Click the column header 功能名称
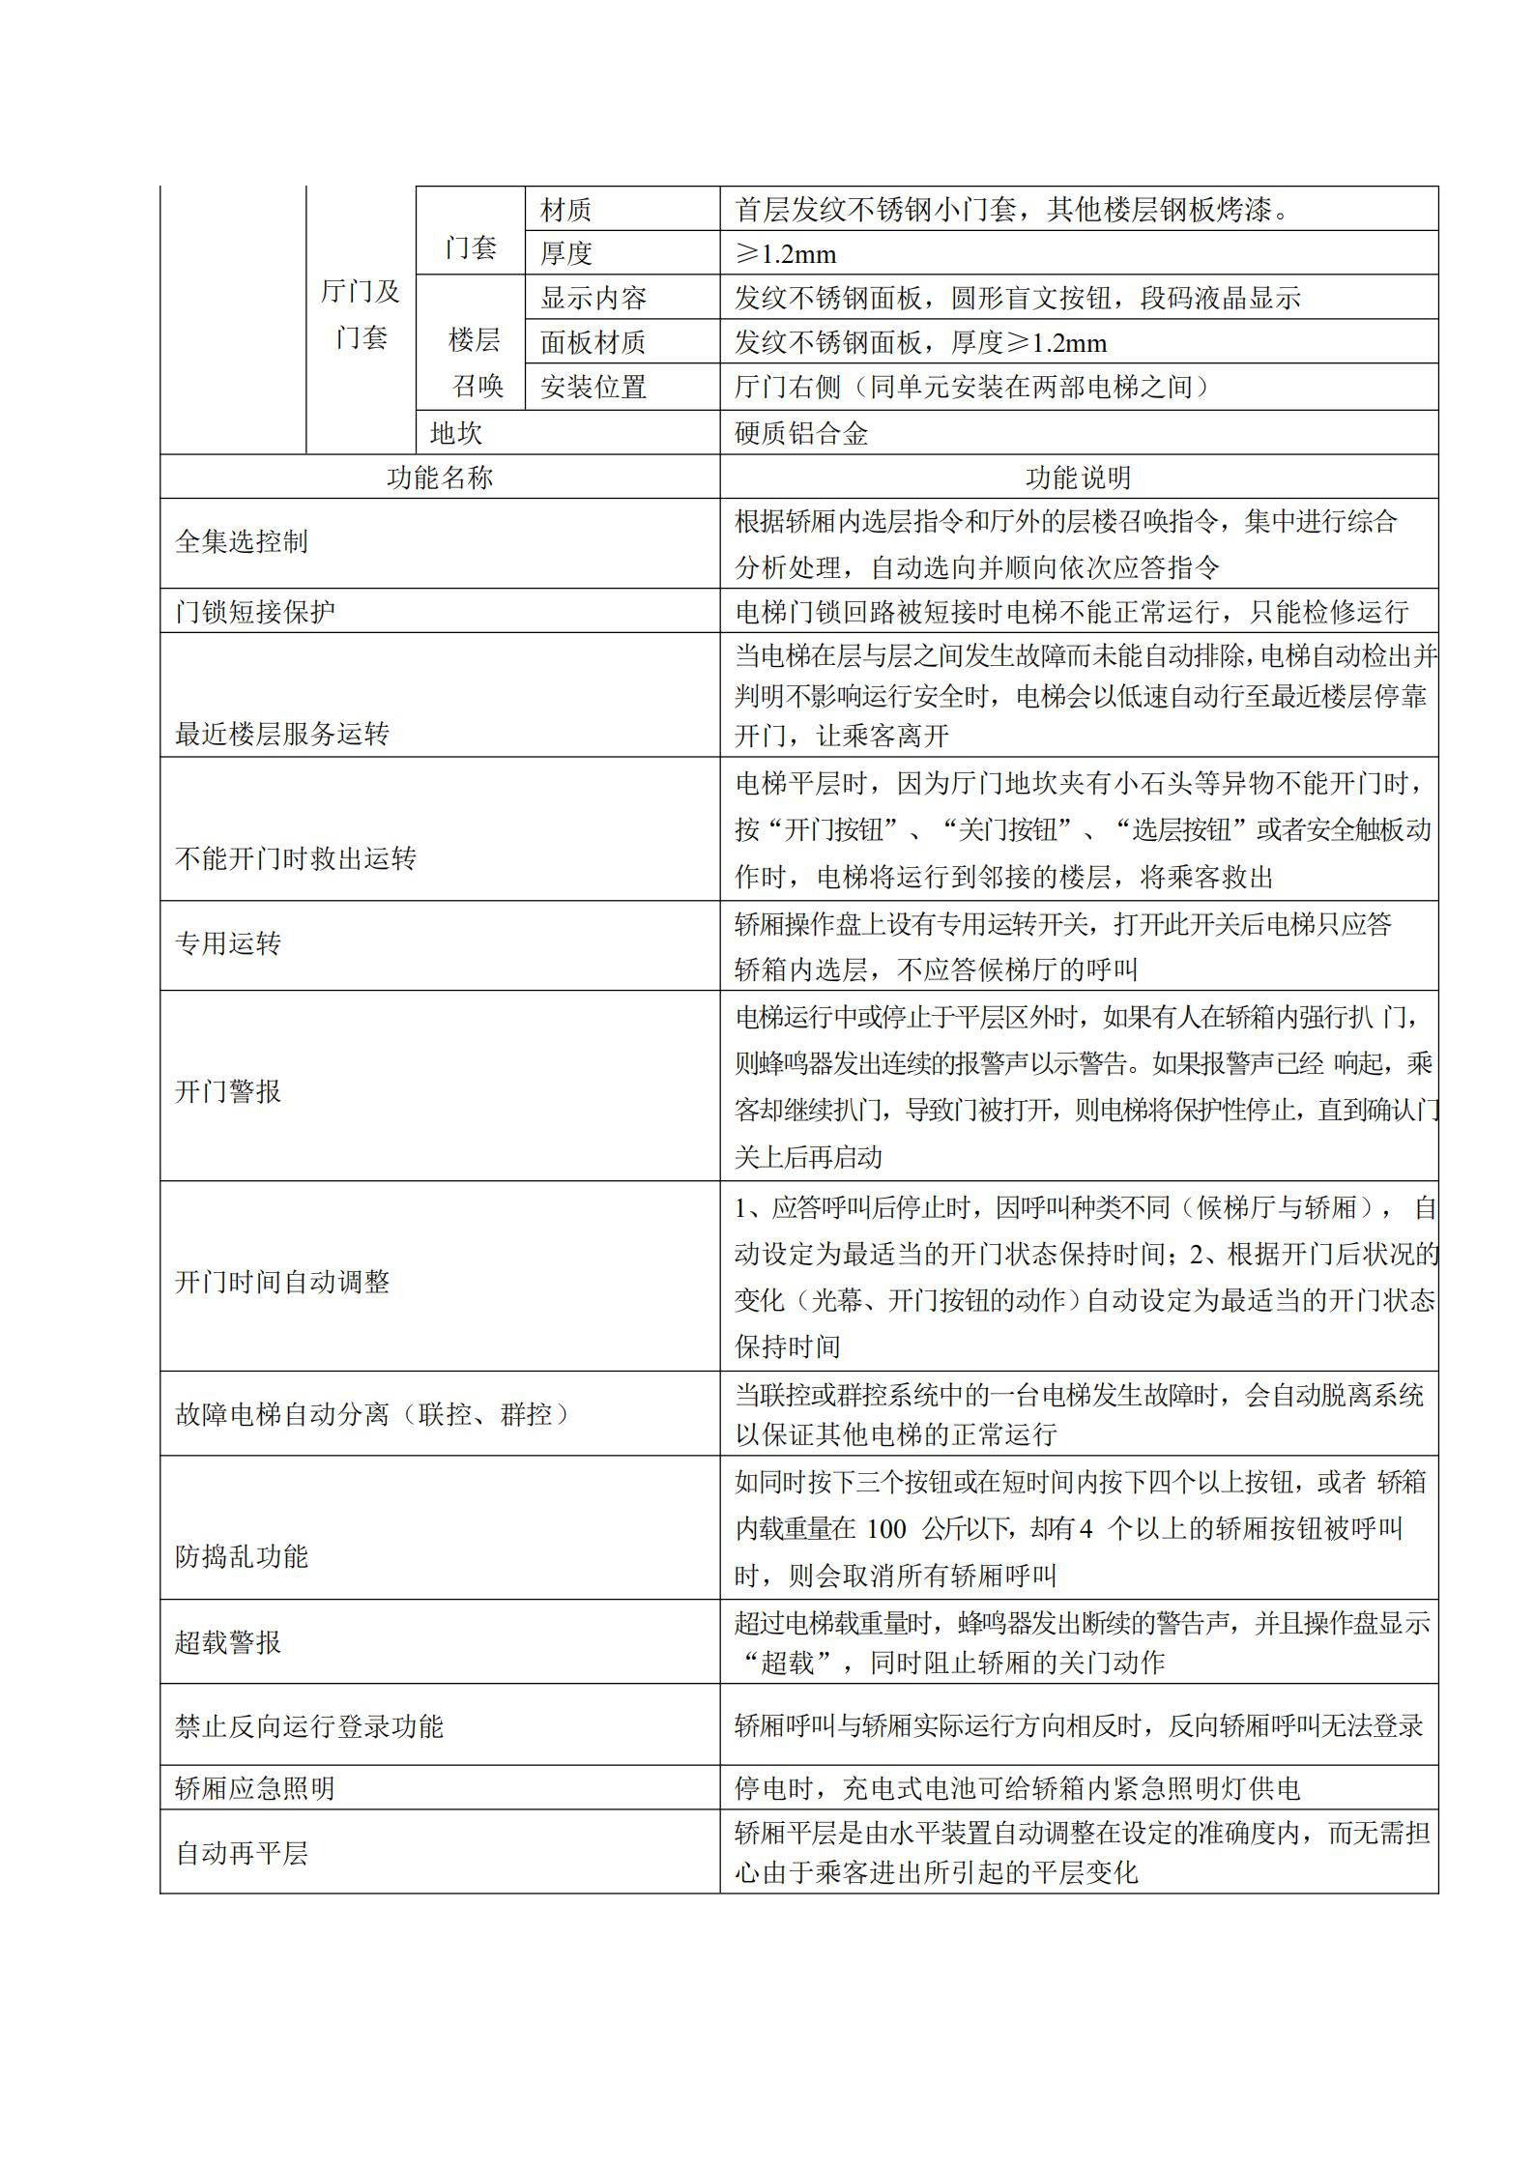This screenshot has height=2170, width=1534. pos(440,477)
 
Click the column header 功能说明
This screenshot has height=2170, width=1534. pos(1078,477)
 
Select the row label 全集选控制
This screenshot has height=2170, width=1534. pos(242,541)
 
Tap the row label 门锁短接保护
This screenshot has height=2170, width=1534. pos(255,612)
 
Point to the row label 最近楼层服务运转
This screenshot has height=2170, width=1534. pos(282,735)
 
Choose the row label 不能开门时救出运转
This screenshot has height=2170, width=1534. pos(296,858)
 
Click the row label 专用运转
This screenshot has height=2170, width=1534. pos(228,943)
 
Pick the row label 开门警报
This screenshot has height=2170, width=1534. pos(228,1091)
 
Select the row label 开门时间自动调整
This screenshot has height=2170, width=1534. pos(282,1282)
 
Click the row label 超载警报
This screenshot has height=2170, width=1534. pos(228,1642)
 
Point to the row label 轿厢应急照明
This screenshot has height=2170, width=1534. pos(255,1788)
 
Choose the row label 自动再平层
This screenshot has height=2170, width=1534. pos(242,1853)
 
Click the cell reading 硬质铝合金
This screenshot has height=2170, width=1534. pos(801,433)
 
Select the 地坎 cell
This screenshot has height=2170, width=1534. pos(456,433)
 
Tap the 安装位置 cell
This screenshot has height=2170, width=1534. pos(593,388)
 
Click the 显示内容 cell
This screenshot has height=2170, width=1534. pos(593,298)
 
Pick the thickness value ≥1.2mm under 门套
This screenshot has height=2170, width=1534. pos(786,254)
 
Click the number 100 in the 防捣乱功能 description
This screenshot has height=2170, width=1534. pos(885,1528)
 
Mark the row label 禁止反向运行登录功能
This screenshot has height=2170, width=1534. pos(309,1726)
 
